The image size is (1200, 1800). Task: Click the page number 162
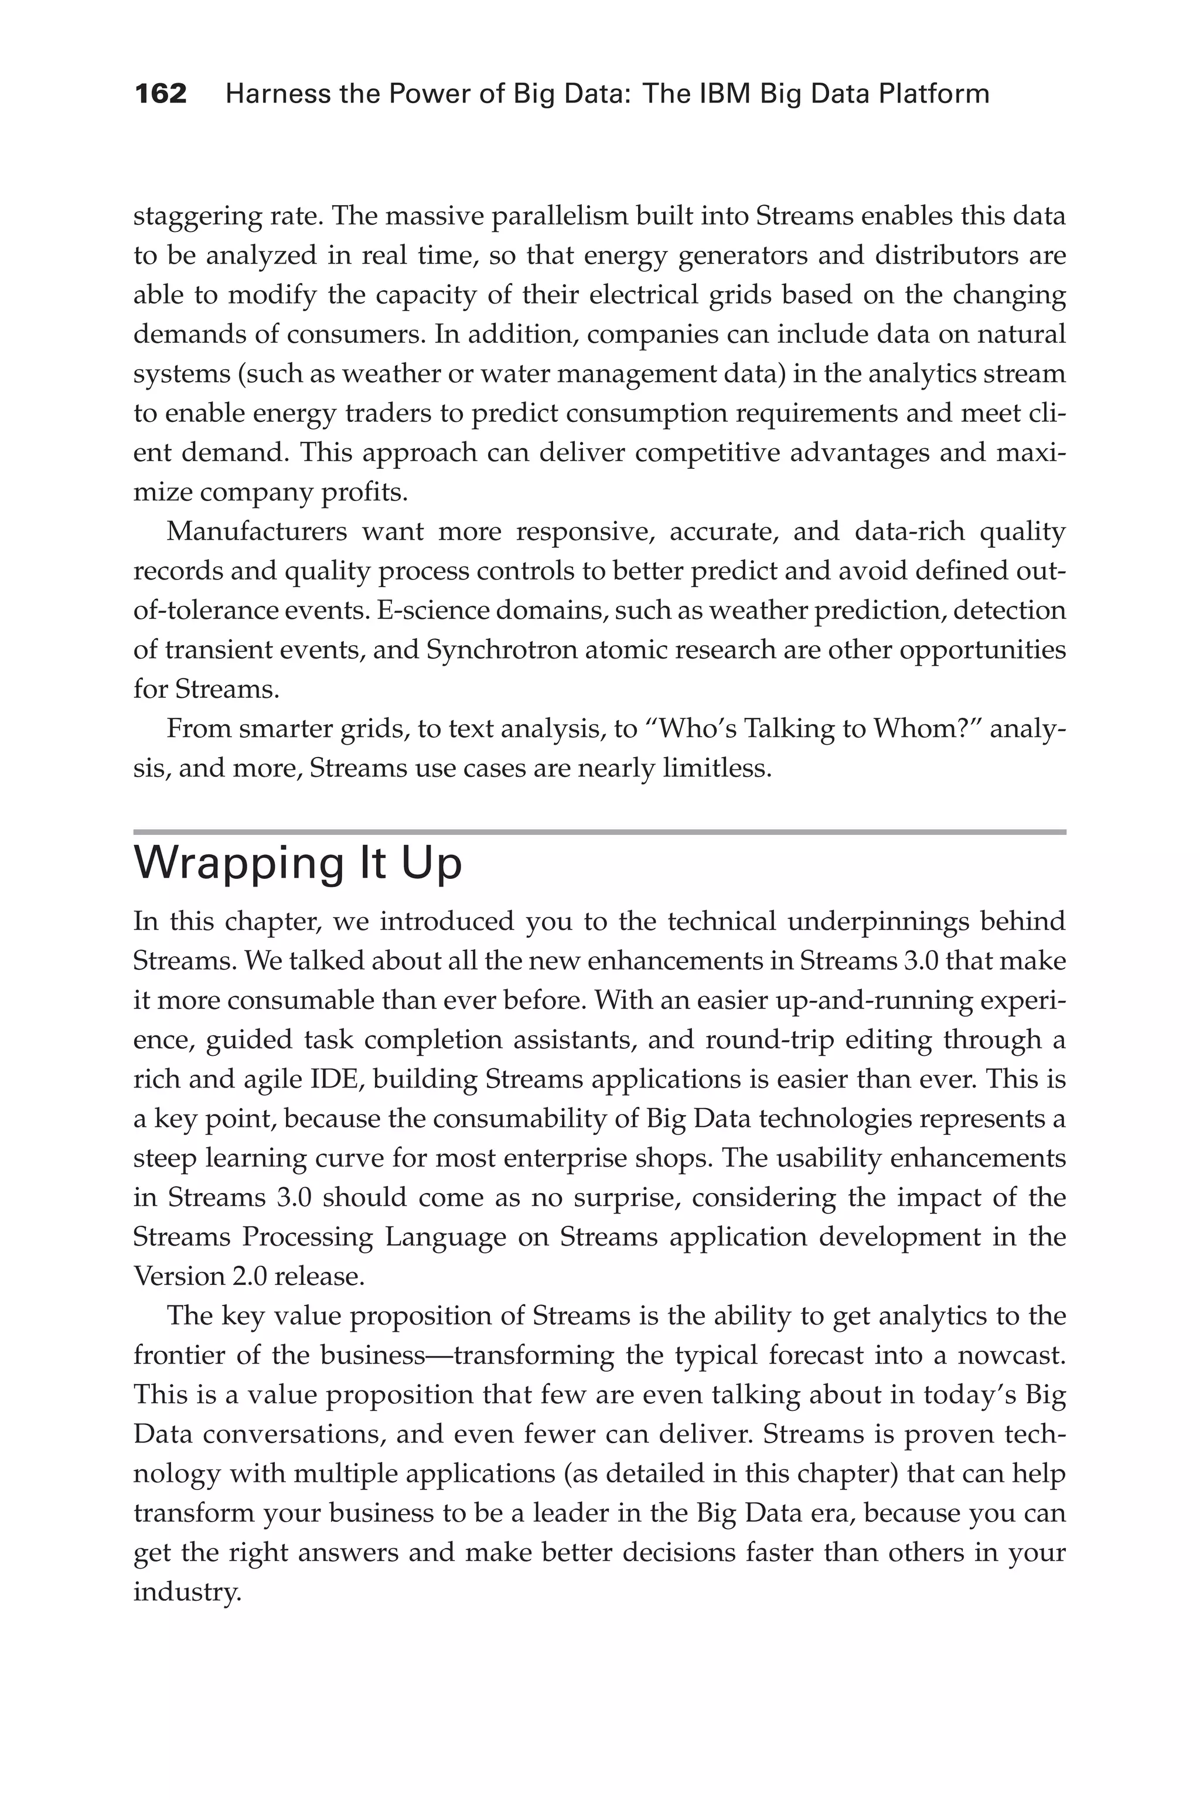161,94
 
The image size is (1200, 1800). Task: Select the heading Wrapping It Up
298,864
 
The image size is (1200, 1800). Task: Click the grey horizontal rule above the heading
599,832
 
